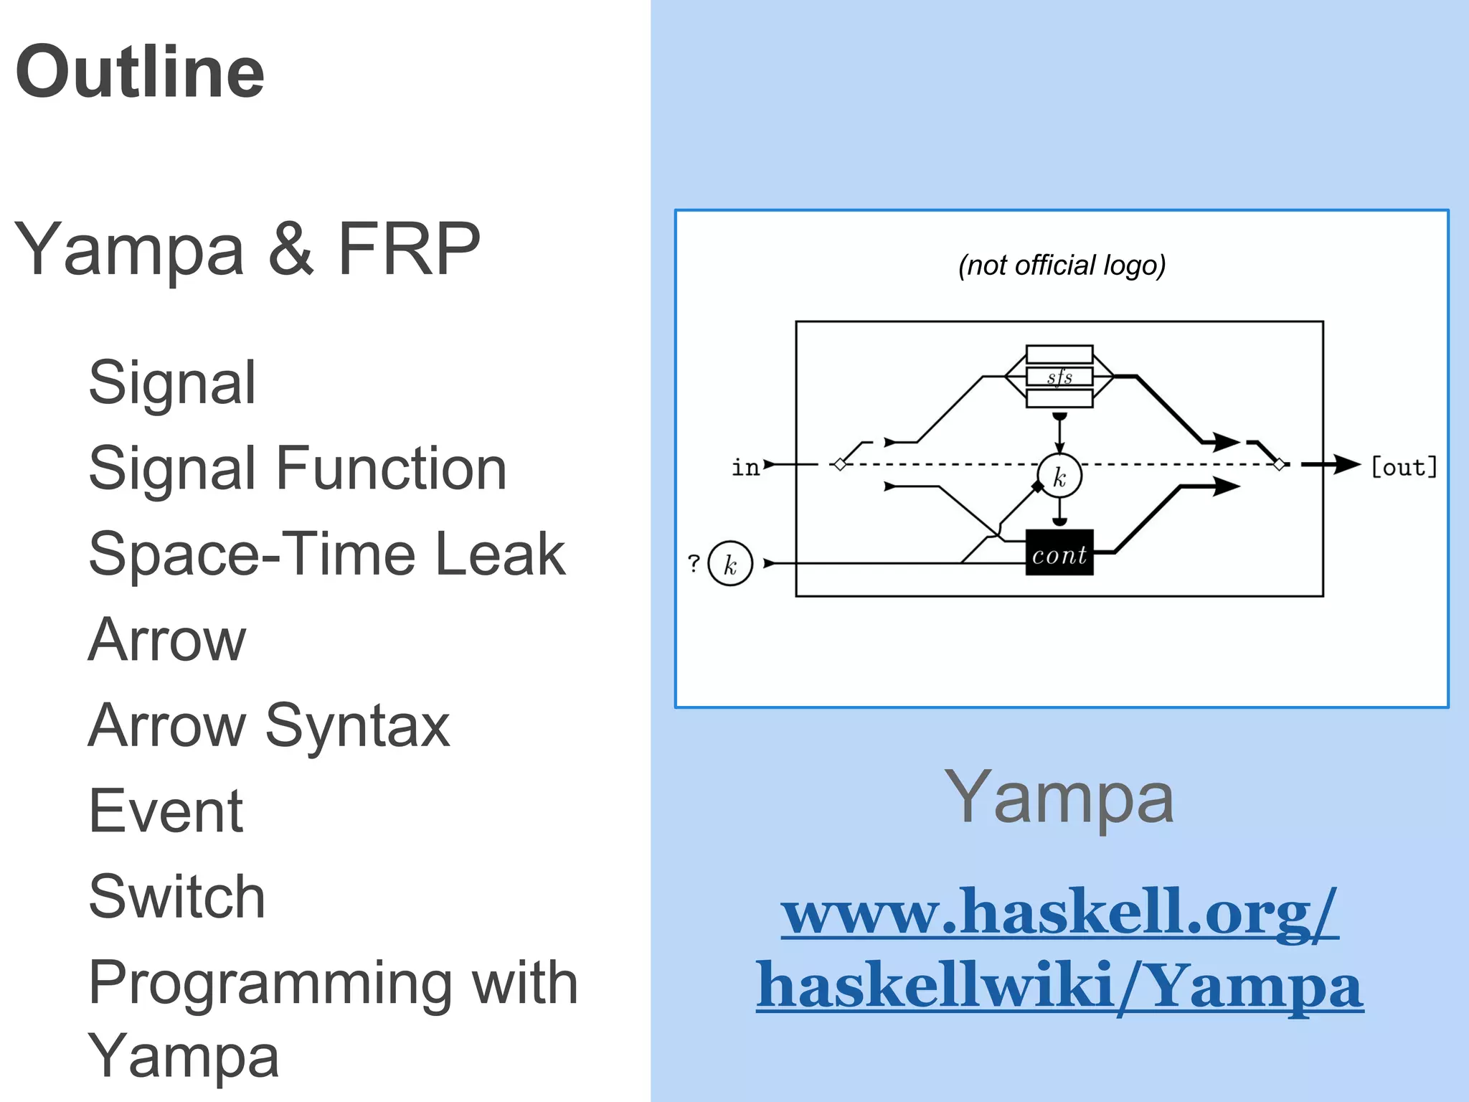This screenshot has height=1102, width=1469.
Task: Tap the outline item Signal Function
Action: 297,468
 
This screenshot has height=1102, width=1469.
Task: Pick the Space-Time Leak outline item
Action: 327,554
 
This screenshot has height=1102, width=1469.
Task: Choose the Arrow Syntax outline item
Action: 269,725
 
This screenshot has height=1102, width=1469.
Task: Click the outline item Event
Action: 166,811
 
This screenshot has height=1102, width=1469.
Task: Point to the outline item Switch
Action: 176,897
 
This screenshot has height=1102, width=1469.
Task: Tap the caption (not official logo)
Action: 1062,265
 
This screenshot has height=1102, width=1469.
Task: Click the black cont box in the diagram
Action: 1059,553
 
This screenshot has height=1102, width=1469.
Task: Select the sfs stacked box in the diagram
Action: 1059,377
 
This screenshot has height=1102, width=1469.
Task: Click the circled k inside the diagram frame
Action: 1059,476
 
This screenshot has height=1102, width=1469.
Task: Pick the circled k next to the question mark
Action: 730,564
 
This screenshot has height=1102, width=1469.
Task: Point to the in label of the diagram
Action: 745,467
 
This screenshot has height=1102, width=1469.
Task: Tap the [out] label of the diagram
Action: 1404,467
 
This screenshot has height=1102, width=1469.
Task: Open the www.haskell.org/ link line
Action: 1059,913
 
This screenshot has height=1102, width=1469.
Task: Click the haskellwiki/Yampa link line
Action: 1059,986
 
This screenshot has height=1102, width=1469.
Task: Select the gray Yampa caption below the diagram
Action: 1059,798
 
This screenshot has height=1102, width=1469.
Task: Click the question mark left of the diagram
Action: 694,563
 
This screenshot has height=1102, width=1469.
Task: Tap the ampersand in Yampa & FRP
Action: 291,249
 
